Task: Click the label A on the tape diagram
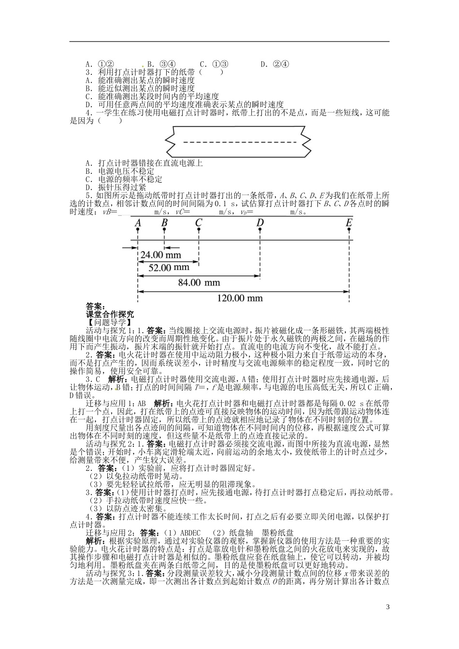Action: click(138, 223)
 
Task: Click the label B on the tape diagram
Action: click(164, 223)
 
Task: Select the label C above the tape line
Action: click(199, 223)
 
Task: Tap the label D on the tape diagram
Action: click(260, 223)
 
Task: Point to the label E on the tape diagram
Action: click(349, 223)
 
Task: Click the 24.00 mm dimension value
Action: click(160, 254)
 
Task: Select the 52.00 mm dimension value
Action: click(169, 267)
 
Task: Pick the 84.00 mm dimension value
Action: click(199, 282)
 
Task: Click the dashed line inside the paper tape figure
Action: click(236, 142)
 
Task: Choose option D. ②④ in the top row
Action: click(274, 64)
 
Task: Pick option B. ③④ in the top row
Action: click(161, 64)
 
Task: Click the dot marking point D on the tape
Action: click(260, 230)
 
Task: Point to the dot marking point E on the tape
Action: click(349, 230)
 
